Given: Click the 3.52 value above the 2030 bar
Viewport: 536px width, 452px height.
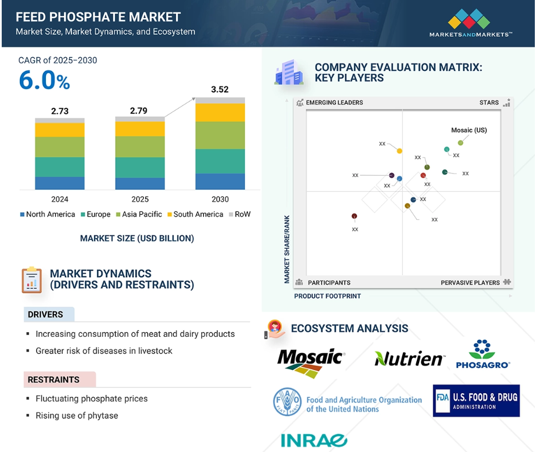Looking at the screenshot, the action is pos(220,90).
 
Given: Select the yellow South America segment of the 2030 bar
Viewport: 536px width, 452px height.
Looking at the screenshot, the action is pos(220,112).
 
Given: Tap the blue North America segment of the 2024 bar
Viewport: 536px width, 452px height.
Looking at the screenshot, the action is pos(60,183).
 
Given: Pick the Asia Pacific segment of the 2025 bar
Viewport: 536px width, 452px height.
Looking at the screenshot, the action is pos(140,147).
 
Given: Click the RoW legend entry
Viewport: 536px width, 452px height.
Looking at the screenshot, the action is pos(239,214).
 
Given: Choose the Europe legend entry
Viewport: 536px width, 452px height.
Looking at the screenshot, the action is pos(95,214).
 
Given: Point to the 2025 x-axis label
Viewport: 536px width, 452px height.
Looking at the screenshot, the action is pos(140,199).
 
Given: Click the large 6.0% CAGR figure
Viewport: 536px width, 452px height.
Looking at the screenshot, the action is pos(44,81).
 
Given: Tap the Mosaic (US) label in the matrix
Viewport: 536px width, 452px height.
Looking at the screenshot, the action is pos(469,130).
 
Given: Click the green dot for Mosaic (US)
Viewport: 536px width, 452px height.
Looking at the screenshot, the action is pos(461,143).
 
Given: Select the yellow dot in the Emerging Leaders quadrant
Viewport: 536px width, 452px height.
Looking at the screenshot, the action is pos(399,151).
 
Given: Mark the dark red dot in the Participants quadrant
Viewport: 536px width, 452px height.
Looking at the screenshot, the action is pos(354,216).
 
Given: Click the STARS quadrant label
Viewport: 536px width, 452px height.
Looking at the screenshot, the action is pos(489,103).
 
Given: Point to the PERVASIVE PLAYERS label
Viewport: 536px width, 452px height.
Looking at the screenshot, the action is pos(470,283).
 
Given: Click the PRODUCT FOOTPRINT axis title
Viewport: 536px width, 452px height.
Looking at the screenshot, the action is pos(327,296).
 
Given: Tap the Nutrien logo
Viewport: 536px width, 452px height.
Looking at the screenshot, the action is pos(410,358).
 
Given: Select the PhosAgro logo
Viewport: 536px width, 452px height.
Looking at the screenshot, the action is pos(483,354).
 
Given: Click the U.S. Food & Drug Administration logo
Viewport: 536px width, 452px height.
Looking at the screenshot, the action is pos(476,401).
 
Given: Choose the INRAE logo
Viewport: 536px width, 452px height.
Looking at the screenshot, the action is pos(314,441).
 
